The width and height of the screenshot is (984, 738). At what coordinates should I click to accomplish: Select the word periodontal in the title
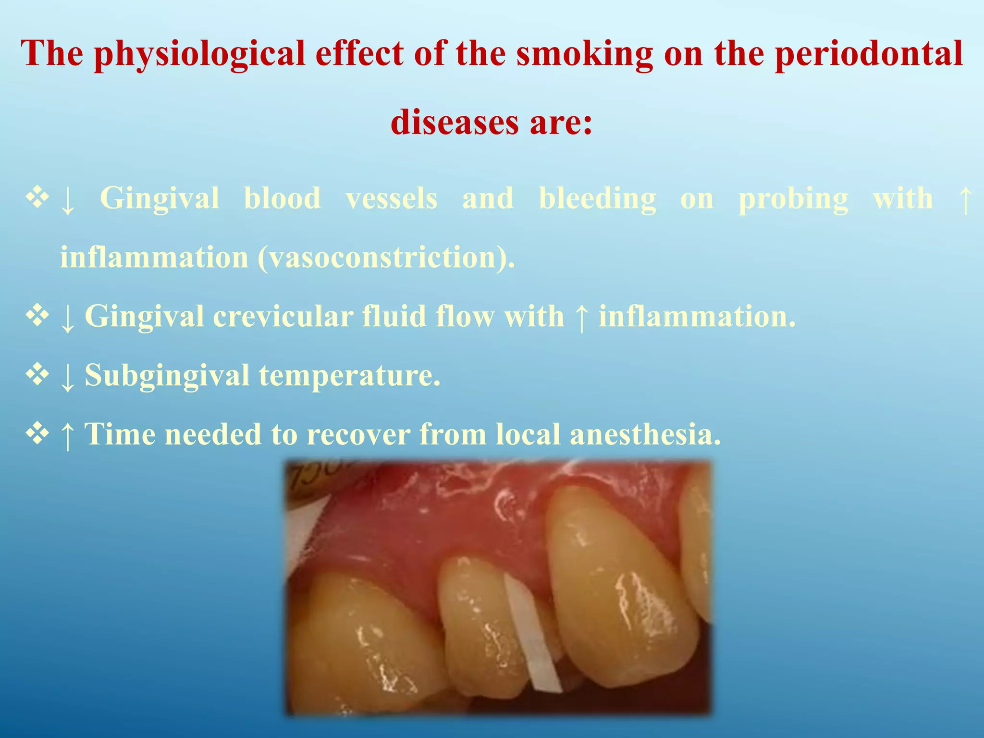point(869,54)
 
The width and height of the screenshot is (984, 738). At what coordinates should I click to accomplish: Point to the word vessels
point(391,198)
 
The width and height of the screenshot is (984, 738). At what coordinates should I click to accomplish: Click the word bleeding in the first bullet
point(597,198)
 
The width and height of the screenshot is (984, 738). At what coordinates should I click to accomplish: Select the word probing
point(793,199)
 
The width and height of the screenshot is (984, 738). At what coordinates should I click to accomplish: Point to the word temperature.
point(350,375)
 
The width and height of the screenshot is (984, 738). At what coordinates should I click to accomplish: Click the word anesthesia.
point(645,434)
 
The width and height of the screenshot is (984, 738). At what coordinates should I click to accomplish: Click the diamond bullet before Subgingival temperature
point(37,374)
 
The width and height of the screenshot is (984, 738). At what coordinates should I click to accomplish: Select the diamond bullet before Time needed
point(37,433)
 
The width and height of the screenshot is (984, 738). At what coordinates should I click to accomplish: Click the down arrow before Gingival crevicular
point(68,318)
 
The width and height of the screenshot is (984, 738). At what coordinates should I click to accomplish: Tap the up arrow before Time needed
point(68,435)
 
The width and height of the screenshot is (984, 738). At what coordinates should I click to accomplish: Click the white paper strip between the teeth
point(533,634)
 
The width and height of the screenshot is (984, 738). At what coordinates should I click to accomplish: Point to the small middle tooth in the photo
point(480,625)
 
